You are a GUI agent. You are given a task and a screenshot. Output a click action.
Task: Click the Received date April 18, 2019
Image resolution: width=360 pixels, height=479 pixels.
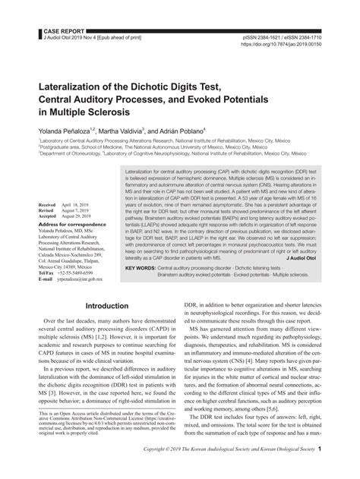pyautogui.click(x=74, y=206)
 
